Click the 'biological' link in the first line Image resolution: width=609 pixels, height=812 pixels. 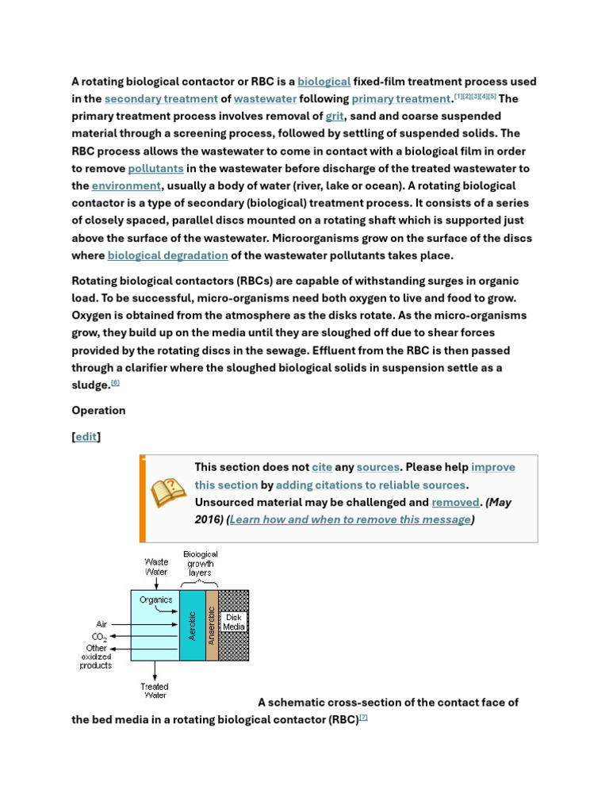click(x=324, y=82)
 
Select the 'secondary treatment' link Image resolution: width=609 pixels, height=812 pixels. click(x=161, y=99)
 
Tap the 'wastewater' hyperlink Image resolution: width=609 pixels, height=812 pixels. click(x=266, y=99)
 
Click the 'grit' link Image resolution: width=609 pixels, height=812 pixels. click(x=335, y=117)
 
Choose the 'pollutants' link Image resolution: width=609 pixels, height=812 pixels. click(x=156, y=169)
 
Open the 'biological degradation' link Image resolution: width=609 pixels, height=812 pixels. click(x=168, y=255)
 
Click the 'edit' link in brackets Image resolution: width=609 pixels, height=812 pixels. click(x=86, y=437)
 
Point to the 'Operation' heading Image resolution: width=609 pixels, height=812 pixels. click(x=98, y=411)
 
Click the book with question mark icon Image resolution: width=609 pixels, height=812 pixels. click(x=168, y=493)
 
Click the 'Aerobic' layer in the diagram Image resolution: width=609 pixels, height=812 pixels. click(x=192, y=625)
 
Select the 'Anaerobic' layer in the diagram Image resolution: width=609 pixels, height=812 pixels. click(x=212, y=625)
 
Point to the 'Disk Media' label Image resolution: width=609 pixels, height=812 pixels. click(x=234, y=622)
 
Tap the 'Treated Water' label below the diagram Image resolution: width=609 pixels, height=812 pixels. click(x=155, y=691)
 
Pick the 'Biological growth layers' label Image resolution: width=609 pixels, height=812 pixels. click(x=201, y=563)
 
